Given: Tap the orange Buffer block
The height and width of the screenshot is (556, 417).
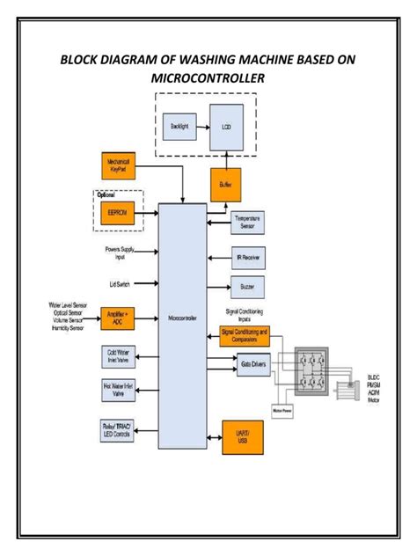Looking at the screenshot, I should pyautogui.click(x=225, y=184).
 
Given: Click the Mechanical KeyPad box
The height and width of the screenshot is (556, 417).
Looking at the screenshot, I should pyautogui.click(x=119, y=166).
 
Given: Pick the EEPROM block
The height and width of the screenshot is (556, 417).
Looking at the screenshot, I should pyautogui.click(x=119, y=212).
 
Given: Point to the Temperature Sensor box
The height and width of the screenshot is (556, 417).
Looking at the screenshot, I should pyautogui.click(x=246, y=223).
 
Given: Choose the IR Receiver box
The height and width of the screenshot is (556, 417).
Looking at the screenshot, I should pyautogui.click(x=246, y=258).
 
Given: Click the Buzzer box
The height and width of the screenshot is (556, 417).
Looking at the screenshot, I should pyautogui.click(x=246, y=287).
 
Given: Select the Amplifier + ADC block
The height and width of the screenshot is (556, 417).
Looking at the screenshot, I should pyautogui.click(x=119, y=316).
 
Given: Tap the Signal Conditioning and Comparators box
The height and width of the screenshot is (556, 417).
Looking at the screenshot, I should pyautogui.click(x=245, y=334).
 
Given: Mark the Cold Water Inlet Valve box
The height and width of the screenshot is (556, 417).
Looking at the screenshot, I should pyautogui.click(x=119, y=356).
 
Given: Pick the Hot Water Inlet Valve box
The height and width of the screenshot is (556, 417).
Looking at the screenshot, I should pyautogui.click(x=119, y=391).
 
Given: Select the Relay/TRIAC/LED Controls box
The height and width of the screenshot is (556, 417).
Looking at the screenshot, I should pyautogui.click(x=119, y=430).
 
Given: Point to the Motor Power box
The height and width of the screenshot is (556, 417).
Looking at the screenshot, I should pyautogui.click(x=282, y=409).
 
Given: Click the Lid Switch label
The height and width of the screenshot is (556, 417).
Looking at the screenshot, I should pyautogui.click(x=121, y=284).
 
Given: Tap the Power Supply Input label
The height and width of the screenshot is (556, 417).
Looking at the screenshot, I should pyautogui.click(x=120, y=253).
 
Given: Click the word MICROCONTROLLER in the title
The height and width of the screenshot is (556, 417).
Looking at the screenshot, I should pyautogui.click(x=208, y=80).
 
